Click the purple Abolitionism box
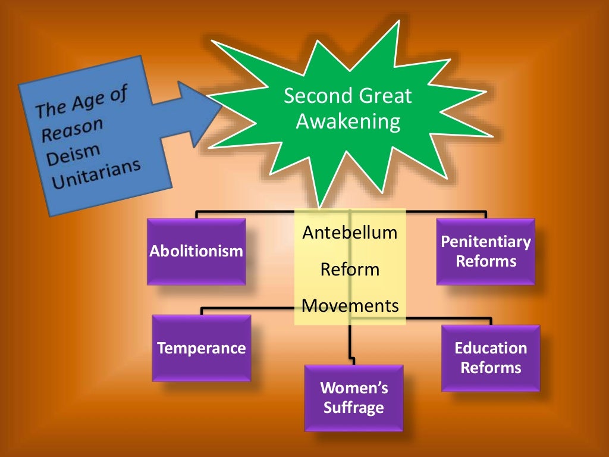coord(196,251)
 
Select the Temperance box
coord(201,348)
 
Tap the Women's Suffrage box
coord(354,397)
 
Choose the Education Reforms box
coord(491,358)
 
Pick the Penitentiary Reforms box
coord(485,251)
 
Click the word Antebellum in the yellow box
coord(350,232)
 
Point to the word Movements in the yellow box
coord(350,306)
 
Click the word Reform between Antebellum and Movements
coord(350,269)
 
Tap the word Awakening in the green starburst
coord(349,121)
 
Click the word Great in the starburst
coord(380,96)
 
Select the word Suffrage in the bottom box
coord(354,408)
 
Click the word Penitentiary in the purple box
coord(485,242)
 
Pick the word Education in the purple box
coord(491,348)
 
